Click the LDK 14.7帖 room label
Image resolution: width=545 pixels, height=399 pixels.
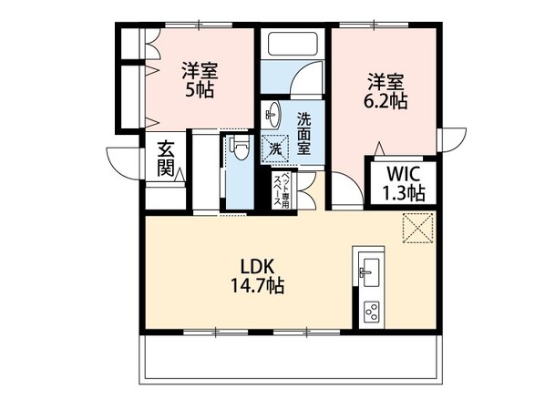click(262, 275)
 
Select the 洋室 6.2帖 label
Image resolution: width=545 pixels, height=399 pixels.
click(386, 91)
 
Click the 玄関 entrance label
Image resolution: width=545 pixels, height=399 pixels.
click(165, 159)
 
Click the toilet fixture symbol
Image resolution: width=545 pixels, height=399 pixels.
click(240, 148)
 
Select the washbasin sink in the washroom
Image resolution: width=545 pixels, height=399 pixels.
click(272, 115)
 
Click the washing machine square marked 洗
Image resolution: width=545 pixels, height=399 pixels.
click(273, 148)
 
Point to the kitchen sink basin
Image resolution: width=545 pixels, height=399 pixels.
click(368, 271)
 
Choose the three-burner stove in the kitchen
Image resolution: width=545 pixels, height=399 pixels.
click(370, 310)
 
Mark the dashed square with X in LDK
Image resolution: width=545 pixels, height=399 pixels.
click(420, 228)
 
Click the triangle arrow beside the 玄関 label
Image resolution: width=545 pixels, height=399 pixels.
click(180, 174)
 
